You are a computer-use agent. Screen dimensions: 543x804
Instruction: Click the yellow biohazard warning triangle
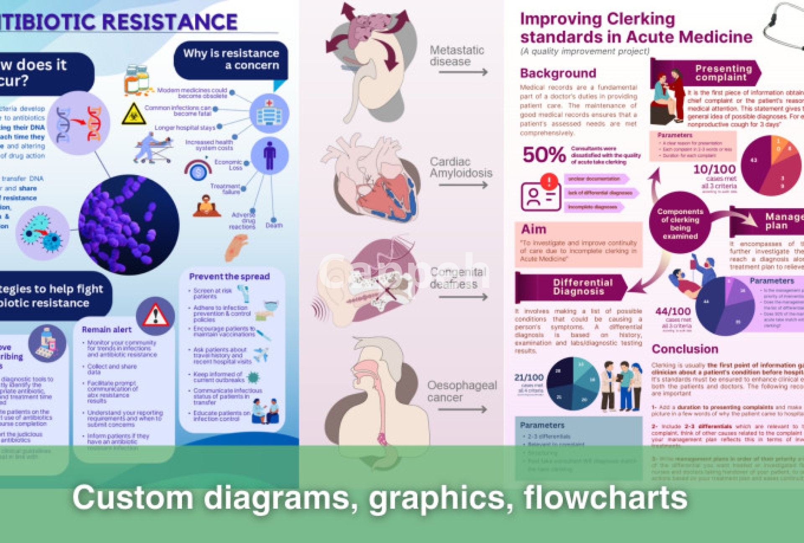134,114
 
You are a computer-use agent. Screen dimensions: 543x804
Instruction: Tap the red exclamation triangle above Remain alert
155,315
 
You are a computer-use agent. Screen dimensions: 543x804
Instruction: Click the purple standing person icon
270,155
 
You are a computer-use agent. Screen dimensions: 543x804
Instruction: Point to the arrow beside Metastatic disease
463,72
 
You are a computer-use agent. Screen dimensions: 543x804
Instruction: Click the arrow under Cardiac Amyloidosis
463,185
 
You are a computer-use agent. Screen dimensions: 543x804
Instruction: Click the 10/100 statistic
714,169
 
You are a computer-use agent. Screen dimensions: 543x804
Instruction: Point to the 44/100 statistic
673,311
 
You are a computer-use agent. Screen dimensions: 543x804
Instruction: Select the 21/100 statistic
529,378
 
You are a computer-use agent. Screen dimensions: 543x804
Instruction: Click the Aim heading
534,230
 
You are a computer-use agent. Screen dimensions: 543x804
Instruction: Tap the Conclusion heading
685,349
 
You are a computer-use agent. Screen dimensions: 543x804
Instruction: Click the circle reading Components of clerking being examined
680,223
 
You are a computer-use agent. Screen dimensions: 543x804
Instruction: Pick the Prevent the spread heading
229,277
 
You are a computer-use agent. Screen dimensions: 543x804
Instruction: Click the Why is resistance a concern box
231,59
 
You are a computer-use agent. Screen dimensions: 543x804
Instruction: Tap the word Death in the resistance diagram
274,225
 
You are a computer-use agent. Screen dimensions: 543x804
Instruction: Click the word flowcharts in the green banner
605,498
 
